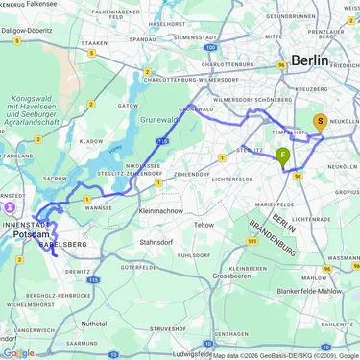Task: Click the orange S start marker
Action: point(320,122)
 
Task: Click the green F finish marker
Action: point(283,155)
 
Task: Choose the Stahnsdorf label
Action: point(159,243)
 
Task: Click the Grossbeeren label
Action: point(230,276)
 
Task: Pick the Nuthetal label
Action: point(94,324)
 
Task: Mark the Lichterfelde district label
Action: point(232,179)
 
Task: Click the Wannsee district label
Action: point(99,205)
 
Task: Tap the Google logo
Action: point(18,352)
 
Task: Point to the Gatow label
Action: point(127,105)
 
